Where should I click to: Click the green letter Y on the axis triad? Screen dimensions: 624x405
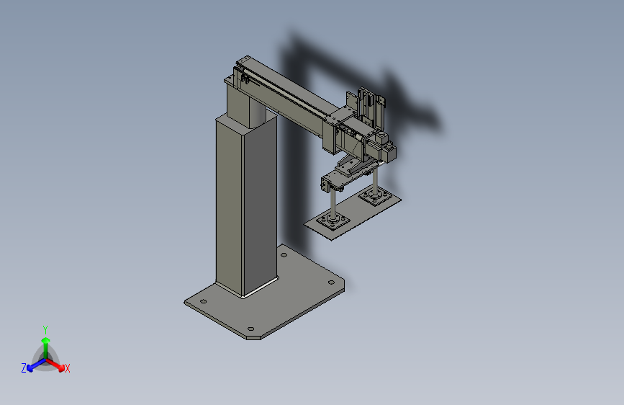[x=45, y=329]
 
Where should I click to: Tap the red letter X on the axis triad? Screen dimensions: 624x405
[x=67, y=368]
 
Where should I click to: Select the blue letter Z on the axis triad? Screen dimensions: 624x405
[x=24, y=368]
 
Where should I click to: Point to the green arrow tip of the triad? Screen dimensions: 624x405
[x=46, y=340]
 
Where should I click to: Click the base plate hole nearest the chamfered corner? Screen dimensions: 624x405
[x=250, y=329]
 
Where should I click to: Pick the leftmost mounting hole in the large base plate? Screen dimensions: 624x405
[x=203, y=301]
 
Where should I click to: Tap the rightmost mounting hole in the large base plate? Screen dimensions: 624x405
[x=331, y=282]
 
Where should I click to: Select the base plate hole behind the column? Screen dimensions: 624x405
[x=284, y=254]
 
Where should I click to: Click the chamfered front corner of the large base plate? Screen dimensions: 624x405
[x=253, y=338]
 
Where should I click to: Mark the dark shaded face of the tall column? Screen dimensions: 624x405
[x=261, y=203]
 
